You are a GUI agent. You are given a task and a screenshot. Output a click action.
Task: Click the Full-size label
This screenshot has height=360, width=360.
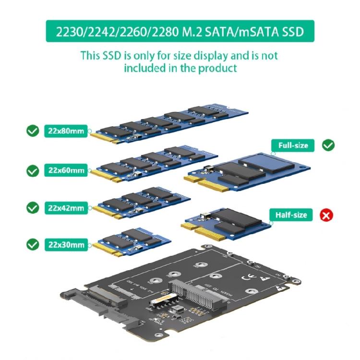click(293, 145)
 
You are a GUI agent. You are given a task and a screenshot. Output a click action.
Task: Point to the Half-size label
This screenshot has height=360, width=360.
click(291, 215)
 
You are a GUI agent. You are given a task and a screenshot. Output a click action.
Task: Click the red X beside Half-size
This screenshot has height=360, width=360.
click(326, 215)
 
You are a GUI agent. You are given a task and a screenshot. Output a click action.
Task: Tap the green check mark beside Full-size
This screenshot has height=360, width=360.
click(328, 145)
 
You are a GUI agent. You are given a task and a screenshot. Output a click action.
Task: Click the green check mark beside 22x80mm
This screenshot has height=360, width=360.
click(33, 131)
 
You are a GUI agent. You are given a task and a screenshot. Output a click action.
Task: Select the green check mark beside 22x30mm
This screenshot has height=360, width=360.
click(33, 245)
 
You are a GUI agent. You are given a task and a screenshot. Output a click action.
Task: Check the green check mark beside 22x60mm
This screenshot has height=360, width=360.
click(33, 170)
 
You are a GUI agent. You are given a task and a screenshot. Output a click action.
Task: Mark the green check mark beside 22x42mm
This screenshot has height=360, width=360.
click(33, 208)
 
